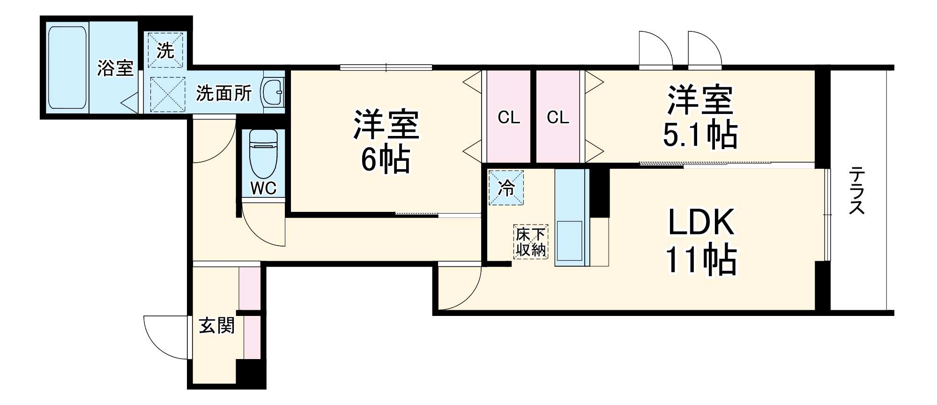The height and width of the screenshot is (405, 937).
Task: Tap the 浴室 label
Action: (x=115, y=68)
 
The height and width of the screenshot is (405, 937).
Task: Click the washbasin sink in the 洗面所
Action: (x=273, y=92)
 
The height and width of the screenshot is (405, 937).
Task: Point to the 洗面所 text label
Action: (x=223, y=93)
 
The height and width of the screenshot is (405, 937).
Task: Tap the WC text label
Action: (x=263, y=188)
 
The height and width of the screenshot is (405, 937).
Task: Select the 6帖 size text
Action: (x=385, y=160)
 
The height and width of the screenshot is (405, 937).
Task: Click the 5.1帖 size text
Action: (x=699, y=135)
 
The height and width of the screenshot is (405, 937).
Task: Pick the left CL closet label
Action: (x=509, y=118)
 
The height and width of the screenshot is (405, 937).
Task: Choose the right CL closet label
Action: (x=558, y=118)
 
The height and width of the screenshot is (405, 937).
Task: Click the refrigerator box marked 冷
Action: (x=506, y=188)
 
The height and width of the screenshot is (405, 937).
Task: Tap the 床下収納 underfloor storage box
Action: (x=531, y=242)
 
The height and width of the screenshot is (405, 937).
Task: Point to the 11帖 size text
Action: (x=700, y=261)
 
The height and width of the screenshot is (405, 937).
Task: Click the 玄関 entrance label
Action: (x=216, y=325)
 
